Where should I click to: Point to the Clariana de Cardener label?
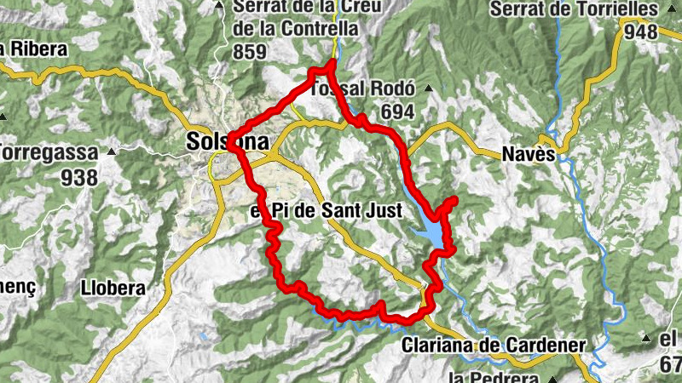coord(493,346)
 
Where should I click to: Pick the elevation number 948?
coord(640,32)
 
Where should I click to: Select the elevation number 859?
coord(250,52)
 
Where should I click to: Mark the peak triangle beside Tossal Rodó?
coord(428,89)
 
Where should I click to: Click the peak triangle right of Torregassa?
coord(110,152)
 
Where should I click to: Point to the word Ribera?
coord(36,49)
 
